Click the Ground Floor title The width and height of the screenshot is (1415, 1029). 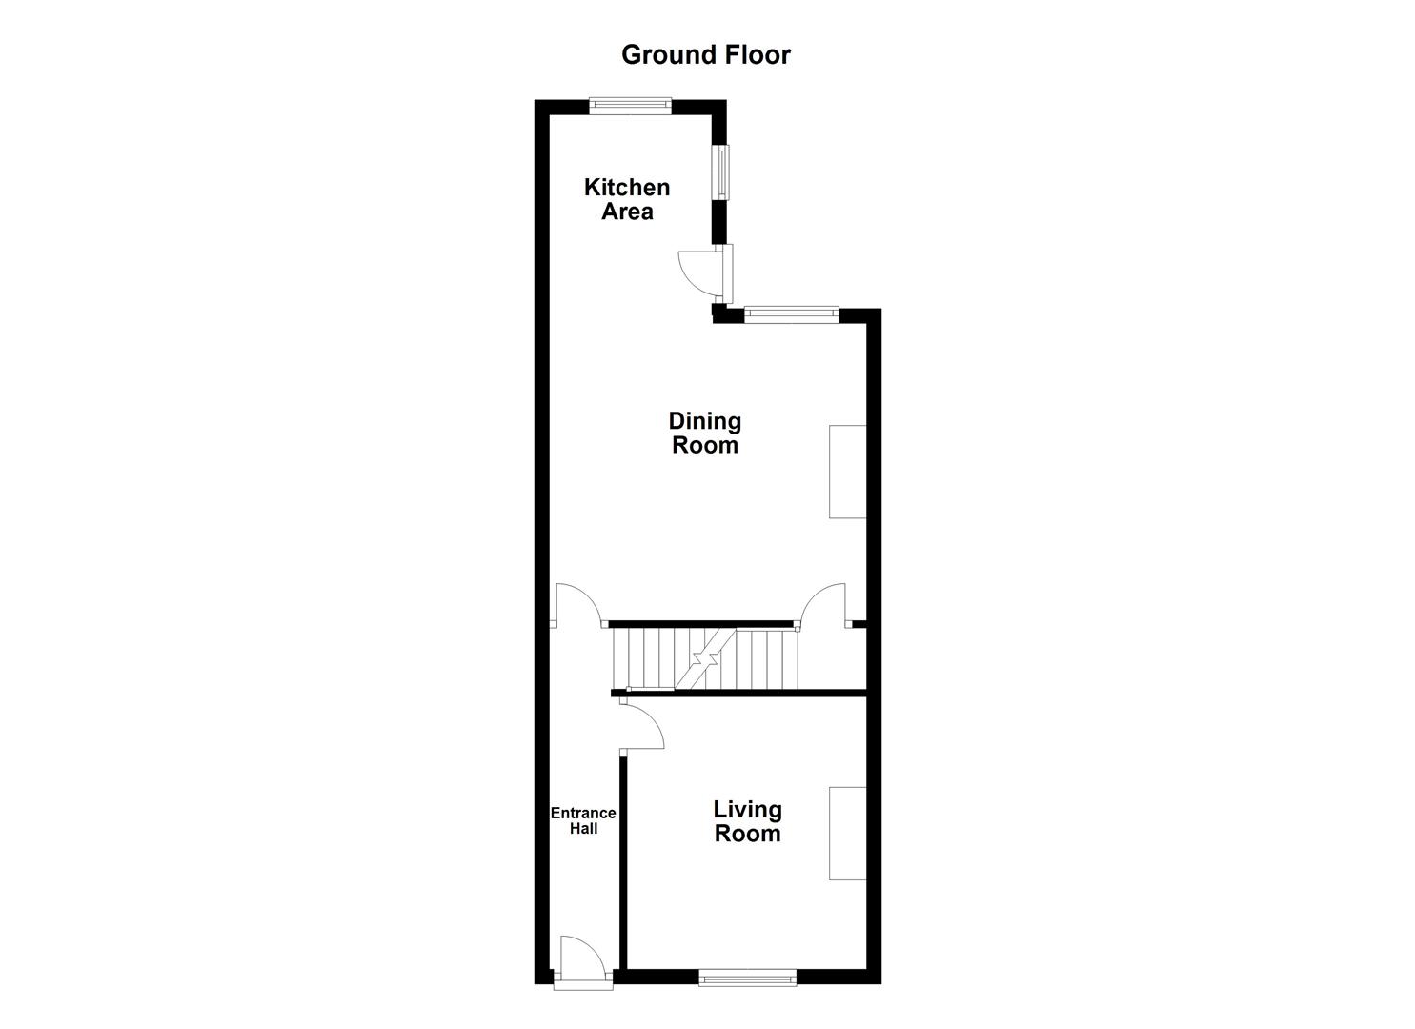706,54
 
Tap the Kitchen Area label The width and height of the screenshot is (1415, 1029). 627,199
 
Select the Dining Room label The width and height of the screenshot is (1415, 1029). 705,433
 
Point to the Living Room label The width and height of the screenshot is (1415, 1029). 748,821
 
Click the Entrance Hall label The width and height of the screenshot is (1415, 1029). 583,820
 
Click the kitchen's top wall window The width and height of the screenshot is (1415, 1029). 630,106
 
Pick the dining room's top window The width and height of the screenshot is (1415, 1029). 791,313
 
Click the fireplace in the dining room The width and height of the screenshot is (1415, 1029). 847,472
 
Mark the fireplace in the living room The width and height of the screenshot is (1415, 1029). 847,833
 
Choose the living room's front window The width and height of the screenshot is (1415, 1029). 748,977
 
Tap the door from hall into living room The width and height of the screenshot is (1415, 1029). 640,726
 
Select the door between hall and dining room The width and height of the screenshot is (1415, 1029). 577,606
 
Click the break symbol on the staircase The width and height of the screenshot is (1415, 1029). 705,659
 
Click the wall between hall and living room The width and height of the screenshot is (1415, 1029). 623,857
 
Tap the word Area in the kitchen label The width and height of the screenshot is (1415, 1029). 627,212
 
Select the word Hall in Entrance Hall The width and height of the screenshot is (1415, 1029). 583,829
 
